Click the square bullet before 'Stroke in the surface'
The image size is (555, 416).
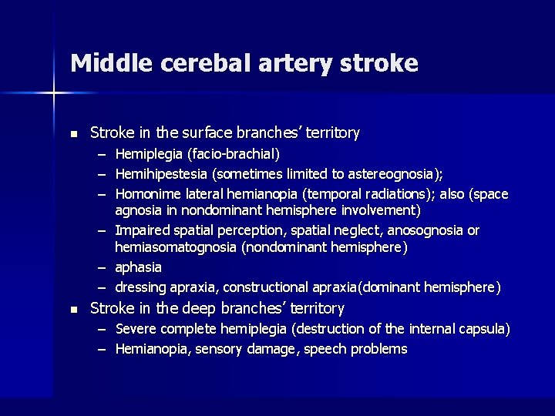73,134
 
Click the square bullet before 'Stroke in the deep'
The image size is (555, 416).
73,309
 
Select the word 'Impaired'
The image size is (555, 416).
143,230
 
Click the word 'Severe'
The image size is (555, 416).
136,329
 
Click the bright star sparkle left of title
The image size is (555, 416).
53,93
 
